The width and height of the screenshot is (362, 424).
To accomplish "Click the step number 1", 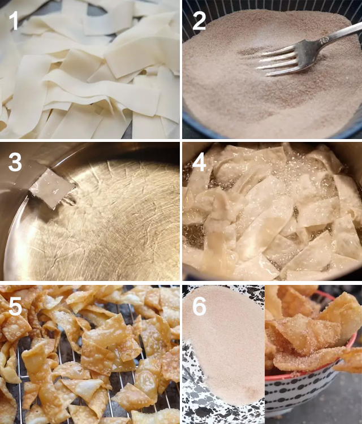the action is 14,20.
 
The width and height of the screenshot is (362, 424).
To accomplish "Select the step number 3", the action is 15,162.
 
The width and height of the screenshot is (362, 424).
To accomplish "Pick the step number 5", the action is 15,306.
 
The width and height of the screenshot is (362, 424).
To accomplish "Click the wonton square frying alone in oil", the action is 52,188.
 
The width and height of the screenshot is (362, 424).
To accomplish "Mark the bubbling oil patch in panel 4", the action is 306,168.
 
